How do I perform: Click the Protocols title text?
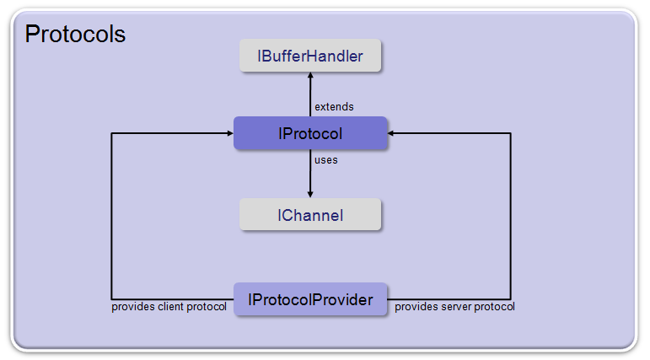point(75,34)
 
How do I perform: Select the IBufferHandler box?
point(310,56)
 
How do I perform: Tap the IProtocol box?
point(310,133)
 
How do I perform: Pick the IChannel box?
point(310,214)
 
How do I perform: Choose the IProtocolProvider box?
point(310,299)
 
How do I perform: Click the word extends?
point(334,106)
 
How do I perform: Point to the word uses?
point(325,160)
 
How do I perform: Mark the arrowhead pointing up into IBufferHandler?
point(310,75)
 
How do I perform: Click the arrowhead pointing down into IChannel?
point(310,195)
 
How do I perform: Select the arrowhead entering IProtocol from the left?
point(230,133)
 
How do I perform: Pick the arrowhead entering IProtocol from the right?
point(390,133)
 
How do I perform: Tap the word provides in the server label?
point(416,307)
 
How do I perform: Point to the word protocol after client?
point(207,307)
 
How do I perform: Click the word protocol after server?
point(495,307)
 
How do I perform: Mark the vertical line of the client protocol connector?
point(111,216)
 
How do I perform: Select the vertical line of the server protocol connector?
point(510,216)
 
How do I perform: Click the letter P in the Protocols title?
point(32,34)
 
